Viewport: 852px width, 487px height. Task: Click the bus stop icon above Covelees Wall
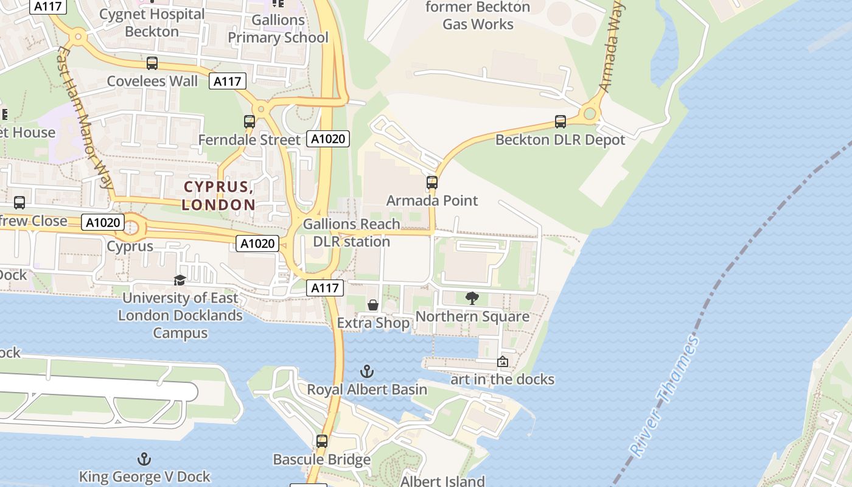coord(152,63)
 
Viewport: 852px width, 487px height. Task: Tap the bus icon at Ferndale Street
coord(250,121)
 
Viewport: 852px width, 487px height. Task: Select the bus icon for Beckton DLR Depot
coord(560,121)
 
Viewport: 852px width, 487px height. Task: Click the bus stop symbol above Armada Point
coord(432,182)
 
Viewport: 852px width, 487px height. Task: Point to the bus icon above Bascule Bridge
coord(322,441)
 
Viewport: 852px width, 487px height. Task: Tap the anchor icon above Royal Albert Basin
coord(366,371)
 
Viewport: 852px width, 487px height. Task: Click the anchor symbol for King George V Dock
coord(144,458)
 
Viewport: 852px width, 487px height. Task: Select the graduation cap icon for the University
coord(180,280)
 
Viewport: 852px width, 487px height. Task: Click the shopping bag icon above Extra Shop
coord(373,304)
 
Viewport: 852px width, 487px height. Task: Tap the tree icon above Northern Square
coord(472,298)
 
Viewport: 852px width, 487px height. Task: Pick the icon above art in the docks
coord(503,361)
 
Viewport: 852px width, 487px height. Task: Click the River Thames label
coord(665,397)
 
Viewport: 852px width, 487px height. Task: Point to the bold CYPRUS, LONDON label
coord(218,195)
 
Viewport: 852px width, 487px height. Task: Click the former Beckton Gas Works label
coord(478,16)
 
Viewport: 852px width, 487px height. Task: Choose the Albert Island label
coord(442,481)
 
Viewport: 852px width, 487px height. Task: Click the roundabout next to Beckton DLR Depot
coord(589,113)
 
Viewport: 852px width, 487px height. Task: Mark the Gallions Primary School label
coord(278,29)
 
